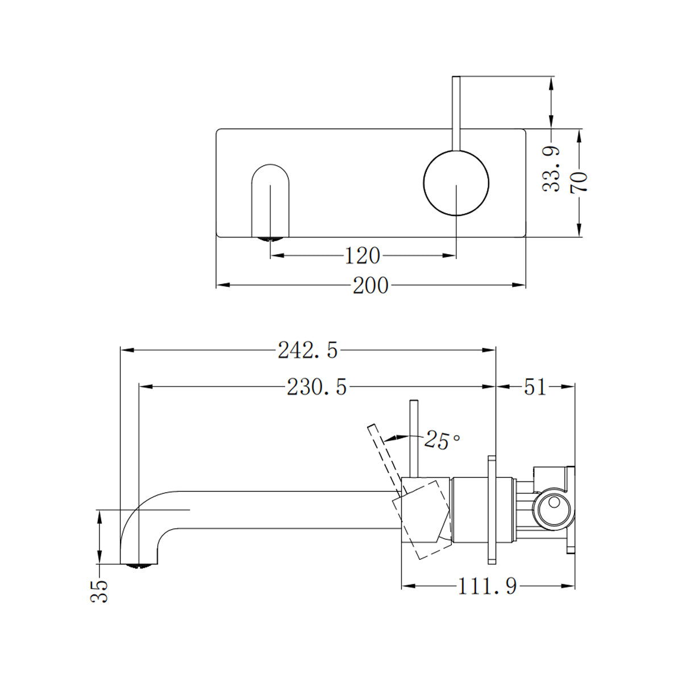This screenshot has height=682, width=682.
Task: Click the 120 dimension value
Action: pyautogui.click(x=363, y=256)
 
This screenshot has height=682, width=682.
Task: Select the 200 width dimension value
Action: pyautogui.click(x=371, y=285)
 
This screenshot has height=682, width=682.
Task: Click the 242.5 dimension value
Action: pyautogui.click(x=307, y=351)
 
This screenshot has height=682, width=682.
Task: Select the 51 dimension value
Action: pyautogui.click(x=535, y=387)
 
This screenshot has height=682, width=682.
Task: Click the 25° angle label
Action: pyautogui.click(x=442, y=440)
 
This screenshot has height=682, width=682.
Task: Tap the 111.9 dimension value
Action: pyautogui.click(x=488, y=586)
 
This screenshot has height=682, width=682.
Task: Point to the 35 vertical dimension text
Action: pyautogui.click(x=100, y=591)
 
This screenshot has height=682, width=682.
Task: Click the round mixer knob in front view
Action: pyautogui.click(x=456, y=183)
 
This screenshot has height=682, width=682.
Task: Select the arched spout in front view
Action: pyautogui.click(x=270, y=199)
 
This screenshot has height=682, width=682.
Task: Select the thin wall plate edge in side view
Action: pyautogui.click(x=492, y=509)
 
